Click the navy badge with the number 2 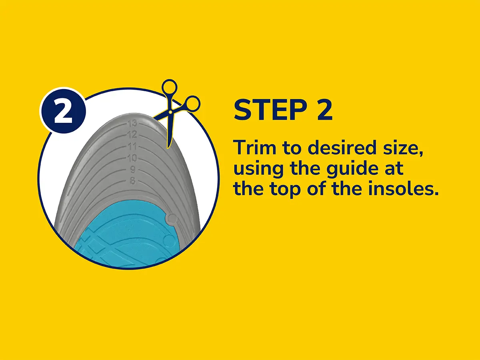(x=63, y=110)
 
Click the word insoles (x=403, y=188)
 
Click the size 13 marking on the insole (x=132, y=124)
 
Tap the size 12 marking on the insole (x=132, y=134)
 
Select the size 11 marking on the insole (x=132, y=146)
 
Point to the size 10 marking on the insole (x=132, y=158)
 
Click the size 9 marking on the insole (x=133, y=170)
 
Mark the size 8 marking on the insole (x=133, y=181)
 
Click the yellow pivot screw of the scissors (x=170, y=112)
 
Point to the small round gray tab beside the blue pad (x=172, y=218)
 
